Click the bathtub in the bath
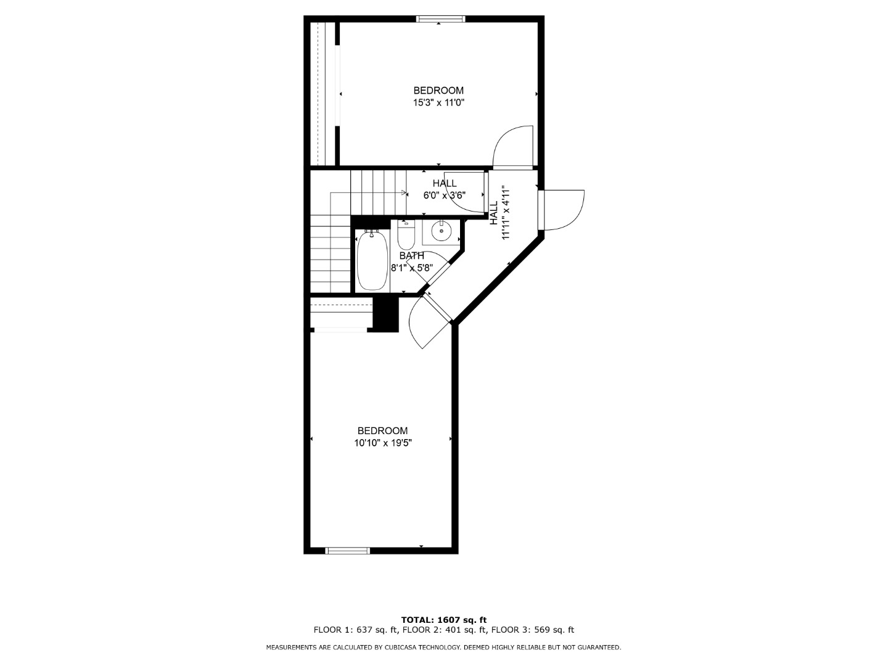372,260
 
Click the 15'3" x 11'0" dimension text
438,103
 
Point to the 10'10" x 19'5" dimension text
383,443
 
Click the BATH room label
412,255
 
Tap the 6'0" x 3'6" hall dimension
444,195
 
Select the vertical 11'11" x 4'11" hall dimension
505,213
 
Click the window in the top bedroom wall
440,18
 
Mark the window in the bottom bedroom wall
348,550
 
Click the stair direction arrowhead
403,193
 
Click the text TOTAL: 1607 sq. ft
444,620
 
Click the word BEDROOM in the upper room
438,91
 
